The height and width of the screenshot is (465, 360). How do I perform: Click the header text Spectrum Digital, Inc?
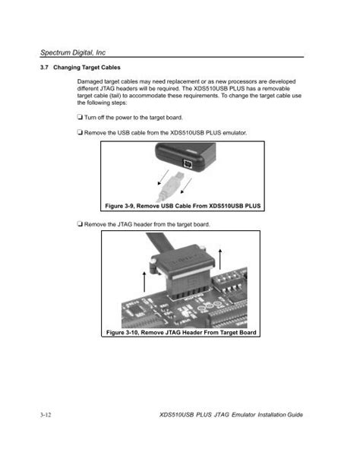73,52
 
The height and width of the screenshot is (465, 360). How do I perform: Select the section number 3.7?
44,68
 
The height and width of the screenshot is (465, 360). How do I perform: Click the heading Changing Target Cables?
87,68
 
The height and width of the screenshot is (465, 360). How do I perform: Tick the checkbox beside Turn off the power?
80,117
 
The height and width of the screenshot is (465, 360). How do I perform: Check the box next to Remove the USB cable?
80,132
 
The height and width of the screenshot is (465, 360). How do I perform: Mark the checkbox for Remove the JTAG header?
80,223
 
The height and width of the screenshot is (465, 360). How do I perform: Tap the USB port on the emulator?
188,163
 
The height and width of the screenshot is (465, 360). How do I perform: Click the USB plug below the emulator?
172,185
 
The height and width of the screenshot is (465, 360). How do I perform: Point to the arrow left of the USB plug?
163,177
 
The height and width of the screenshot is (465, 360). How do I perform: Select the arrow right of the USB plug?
186,185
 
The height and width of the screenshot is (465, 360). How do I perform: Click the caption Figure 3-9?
183,206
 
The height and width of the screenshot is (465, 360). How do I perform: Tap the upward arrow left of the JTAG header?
144,281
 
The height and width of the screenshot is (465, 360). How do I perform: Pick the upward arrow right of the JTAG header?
220,259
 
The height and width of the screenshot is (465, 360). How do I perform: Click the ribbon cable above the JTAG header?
158,242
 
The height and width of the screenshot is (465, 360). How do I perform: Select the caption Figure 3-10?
182,333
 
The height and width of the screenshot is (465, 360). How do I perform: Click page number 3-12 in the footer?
46,415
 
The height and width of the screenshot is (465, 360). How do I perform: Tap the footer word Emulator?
244,415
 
